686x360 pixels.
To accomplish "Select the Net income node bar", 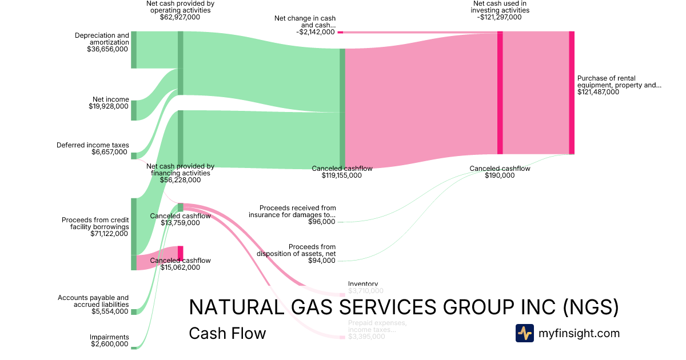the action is [x=134, y=110].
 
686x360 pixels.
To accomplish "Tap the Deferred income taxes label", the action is [x=93, y=145].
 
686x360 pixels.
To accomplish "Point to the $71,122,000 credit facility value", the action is [x=109, y=233].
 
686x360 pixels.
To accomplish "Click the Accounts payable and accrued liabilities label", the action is [x=93, y=301].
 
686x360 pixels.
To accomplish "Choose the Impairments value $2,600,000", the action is [x=109, y=344].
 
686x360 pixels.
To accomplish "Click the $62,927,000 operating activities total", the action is [x=180, y=17].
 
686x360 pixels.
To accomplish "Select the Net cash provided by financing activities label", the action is [x=180, y=170].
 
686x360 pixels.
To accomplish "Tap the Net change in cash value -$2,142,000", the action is [x=316, y=32].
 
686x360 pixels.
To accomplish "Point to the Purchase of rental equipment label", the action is [x=619, y=82].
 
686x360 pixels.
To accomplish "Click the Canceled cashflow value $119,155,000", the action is [x=342, y=176].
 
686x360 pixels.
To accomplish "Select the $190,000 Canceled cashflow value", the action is [x=500, y=175].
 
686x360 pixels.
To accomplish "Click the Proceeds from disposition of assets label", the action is [x=296, y=250].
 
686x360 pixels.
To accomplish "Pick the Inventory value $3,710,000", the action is [x=363, y=291].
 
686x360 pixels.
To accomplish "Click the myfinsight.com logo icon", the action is [x=524, y=333].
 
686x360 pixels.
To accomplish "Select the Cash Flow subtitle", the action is [x=227, y=333].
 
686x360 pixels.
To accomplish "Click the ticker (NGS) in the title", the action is [x=591, y=307].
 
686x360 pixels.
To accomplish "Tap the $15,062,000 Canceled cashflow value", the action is [x=180, y=267].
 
